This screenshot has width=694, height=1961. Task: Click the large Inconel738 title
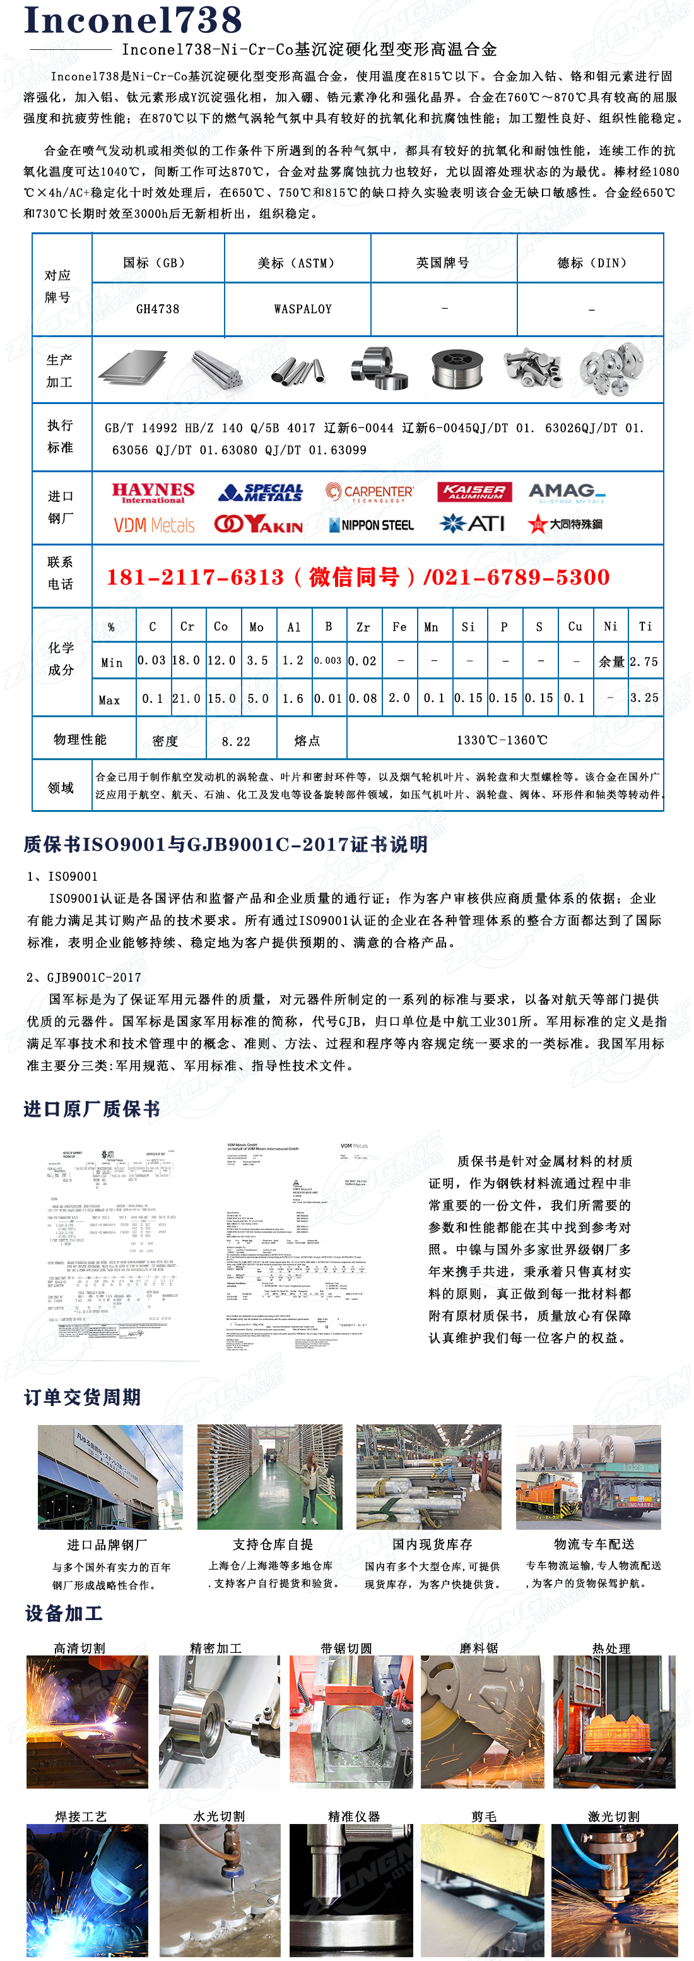133,21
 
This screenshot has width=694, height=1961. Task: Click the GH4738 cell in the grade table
158,309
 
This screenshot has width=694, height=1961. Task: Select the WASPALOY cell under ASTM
303,309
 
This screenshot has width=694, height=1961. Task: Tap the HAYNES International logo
153,492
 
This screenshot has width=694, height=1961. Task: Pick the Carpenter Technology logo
370,492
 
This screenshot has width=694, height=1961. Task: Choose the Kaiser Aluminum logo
474,492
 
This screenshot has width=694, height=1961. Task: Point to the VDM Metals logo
154,525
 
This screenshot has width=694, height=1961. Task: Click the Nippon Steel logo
372,525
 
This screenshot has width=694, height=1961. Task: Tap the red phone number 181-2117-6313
195,577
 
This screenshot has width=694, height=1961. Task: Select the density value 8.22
236,741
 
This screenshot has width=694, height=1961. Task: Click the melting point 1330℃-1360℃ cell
502,740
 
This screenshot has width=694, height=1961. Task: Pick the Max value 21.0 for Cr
187,698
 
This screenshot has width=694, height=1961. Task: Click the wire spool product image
457,369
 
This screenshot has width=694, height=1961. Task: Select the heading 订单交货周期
82,1397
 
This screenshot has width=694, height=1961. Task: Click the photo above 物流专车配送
588,1477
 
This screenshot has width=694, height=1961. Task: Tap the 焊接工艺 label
81,1816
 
